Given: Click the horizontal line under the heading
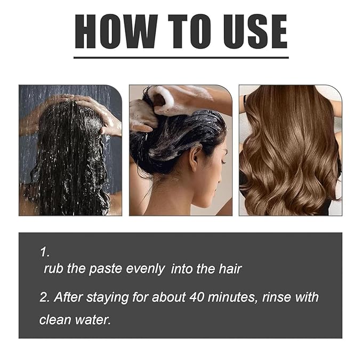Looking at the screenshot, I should click(x=181, y=57).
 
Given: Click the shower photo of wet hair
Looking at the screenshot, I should click(x=70, y=150).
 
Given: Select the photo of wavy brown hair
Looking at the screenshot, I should click(x=290, y=150).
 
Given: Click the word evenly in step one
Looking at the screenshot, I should click(x=144, y=269).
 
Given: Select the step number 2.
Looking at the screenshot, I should click(x=44, y=297).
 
